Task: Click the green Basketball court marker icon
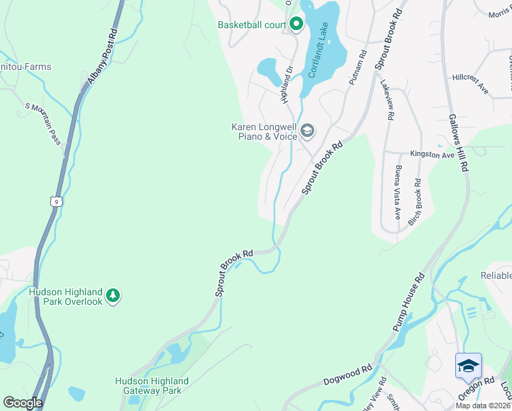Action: (296, 25)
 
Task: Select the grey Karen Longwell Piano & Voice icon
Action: (307, 130)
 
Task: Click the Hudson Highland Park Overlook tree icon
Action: (113, 296)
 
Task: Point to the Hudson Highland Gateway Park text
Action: (151, 386)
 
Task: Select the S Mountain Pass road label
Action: (44, 123)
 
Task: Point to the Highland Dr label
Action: (286, 84)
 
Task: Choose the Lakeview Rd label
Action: (387, 101)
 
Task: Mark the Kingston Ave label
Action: (432, 155)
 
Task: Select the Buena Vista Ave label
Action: (397, 192)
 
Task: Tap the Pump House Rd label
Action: (410, 303)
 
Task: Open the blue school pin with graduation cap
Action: (468, 365)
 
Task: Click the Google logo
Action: (22, 403)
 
